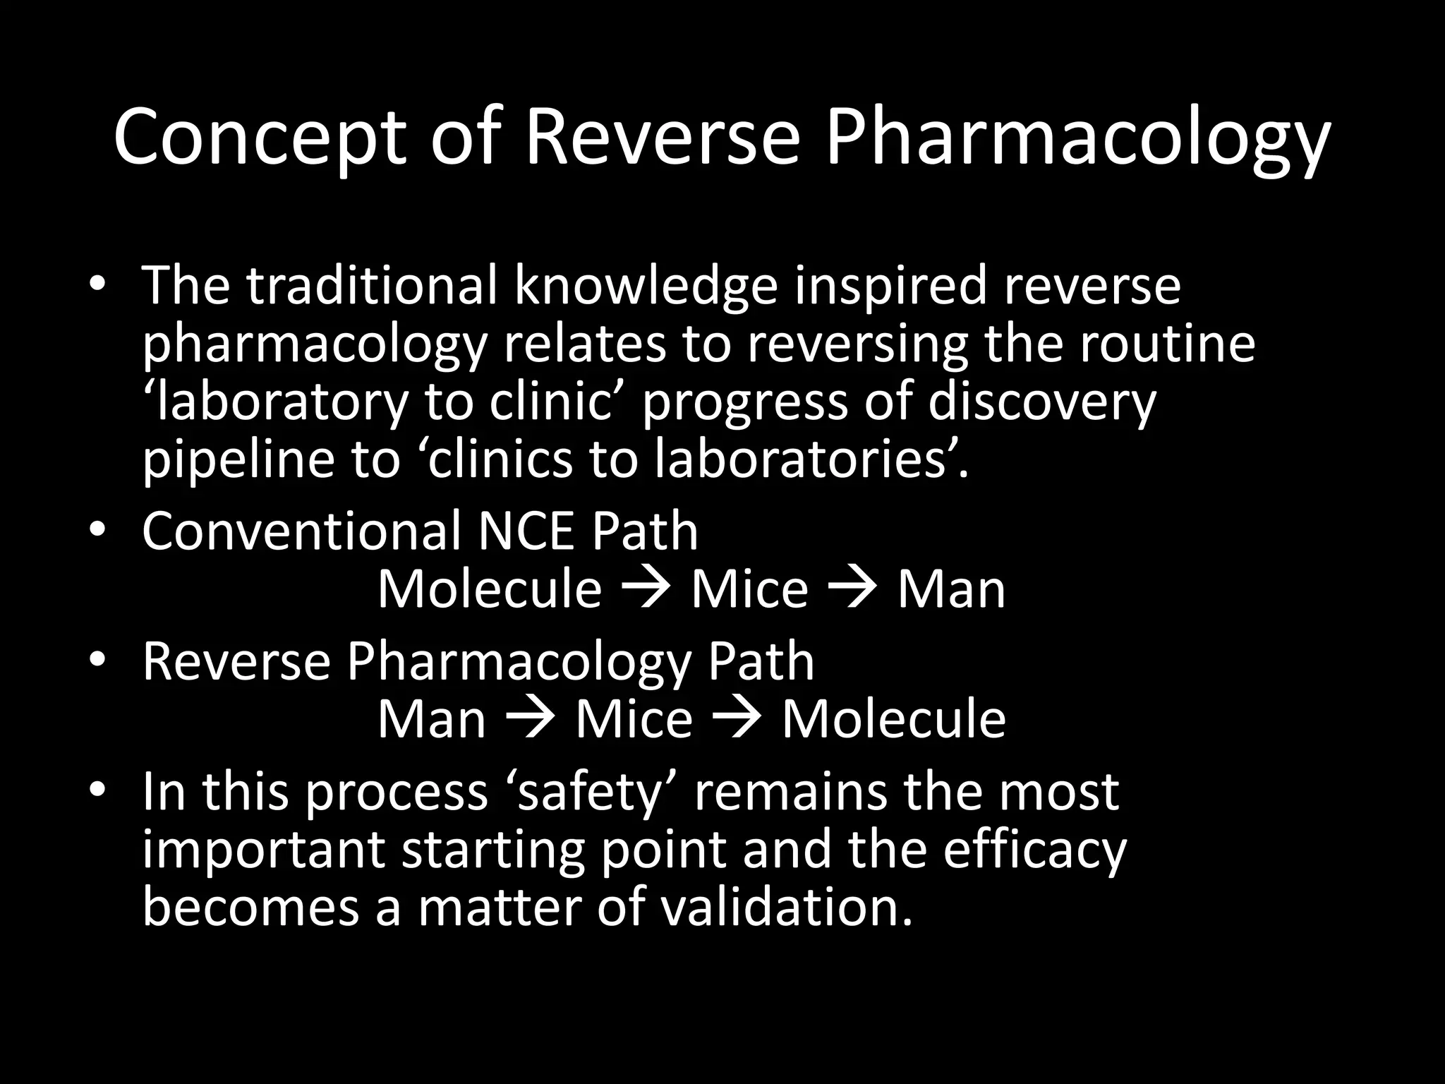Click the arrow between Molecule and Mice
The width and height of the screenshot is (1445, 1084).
coord(646,589)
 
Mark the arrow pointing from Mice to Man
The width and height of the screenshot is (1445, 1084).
coord(852,589)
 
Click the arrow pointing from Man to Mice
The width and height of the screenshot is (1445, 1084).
coord(531,719)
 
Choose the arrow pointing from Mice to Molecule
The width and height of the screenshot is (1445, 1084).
coord(737,719)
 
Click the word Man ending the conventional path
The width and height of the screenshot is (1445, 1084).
coord(951,589)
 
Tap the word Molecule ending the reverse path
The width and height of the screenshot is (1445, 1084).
coord(893,719)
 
